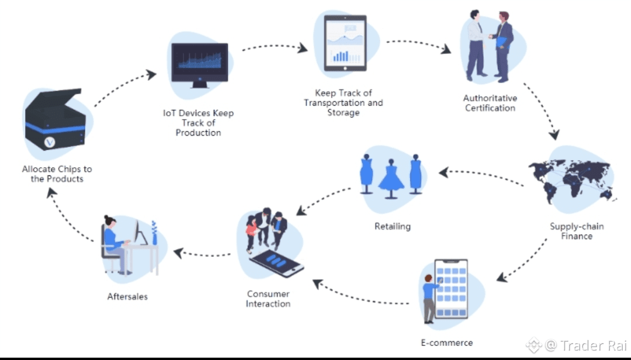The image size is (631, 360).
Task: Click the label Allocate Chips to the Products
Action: (57, 174)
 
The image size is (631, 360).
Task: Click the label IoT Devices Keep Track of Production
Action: (198, 123)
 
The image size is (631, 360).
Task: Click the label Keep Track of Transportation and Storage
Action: (344, 102)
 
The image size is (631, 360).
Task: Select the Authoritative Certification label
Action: (490, 103)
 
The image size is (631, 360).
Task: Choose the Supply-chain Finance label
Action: (577, 231)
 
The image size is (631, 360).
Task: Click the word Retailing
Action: (393, 226)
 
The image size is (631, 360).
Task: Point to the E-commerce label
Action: (447, 342)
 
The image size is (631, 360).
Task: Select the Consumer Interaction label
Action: (268, 299)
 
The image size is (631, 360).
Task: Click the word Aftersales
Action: (127, 296)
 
